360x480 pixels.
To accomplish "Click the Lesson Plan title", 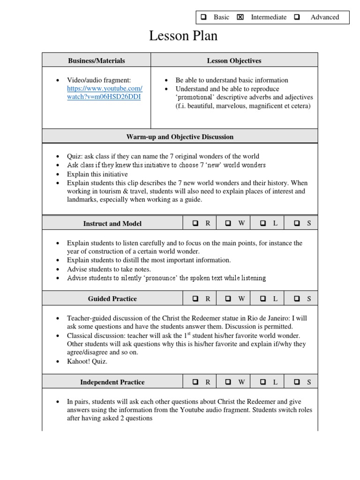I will (183, 36).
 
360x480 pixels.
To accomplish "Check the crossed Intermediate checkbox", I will (240, 17).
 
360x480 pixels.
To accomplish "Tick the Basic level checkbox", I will (204, 17).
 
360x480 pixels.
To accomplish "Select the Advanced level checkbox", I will (297, 17).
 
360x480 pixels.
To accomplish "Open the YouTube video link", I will (104, 93).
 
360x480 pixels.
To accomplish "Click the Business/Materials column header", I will (97, 60).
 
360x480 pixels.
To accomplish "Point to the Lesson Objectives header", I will (234, 60).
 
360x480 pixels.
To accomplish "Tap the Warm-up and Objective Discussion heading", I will (180, 137).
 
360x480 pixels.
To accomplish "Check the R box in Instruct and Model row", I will (195, 224).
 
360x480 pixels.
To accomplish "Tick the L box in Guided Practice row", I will (263, 299).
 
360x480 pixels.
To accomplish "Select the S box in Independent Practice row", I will (297, 382).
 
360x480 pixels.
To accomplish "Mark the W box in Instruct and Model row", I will (228, 224).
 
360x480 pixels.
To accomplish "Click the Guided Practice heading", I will (112, 299).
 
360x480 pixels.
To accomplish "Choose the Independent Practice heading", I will (112, 382).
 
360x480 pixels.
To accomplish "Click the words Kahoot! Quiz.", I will (87, 361).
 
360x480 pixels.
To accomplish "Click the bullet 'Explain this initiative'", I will (97, 174).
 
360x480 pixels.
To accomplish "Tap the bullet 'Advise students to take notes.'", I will (109, 269).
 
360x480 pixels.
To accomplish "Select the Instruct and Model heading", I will (112, 224).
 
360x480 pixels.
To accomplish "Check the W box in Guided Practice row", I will (228, 299).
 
